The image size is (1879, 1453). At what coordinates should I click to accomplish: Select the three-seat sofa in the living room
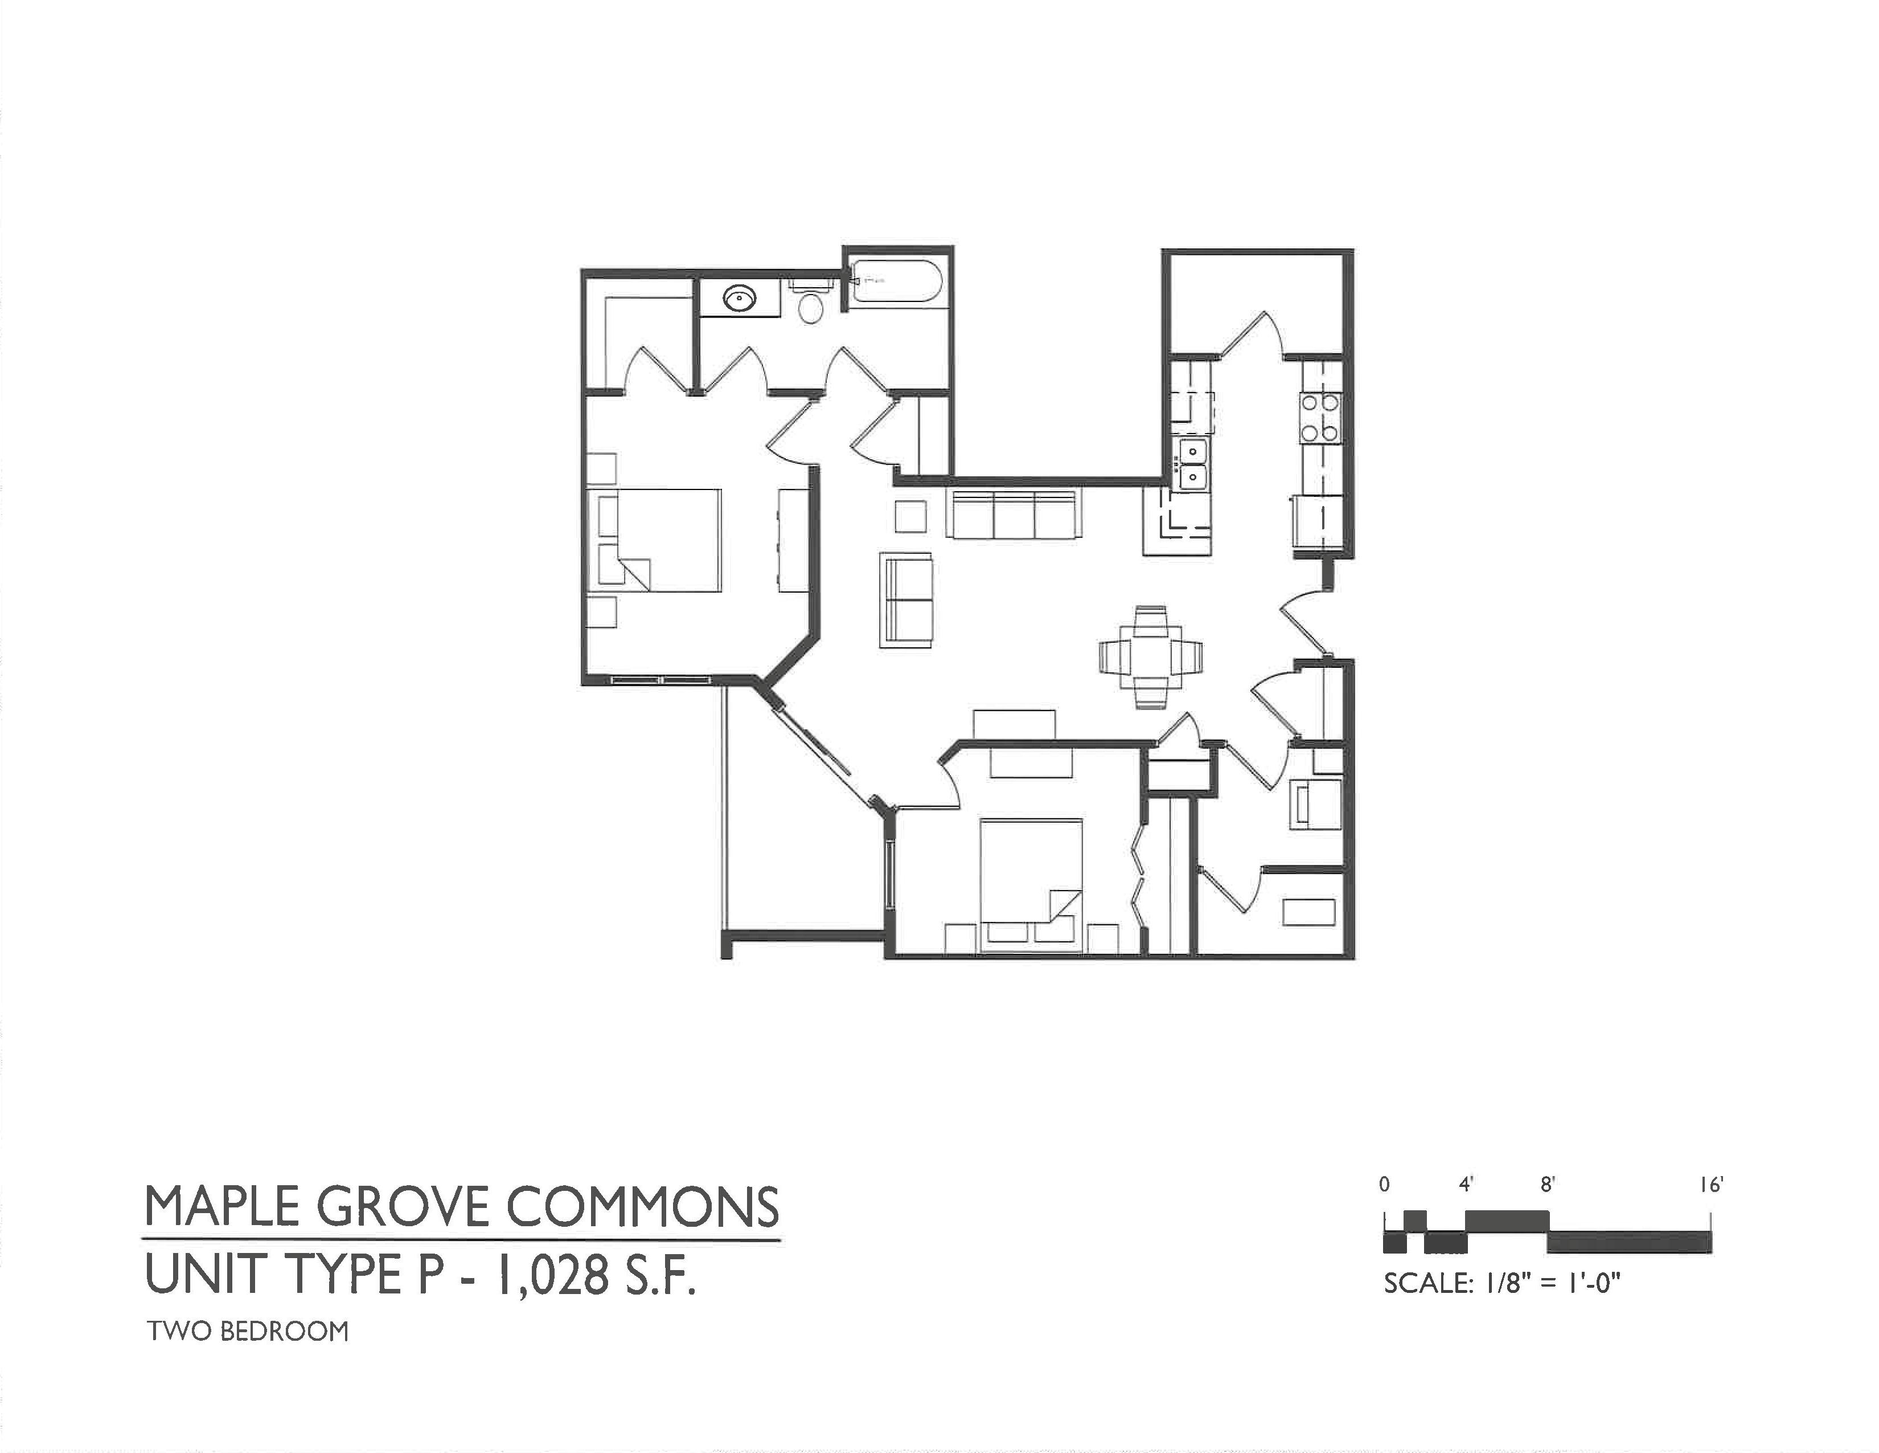click(x=1014, y=515)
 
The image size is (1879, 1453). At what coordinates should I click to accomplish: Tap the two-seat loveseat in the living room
click(x=906, y=599)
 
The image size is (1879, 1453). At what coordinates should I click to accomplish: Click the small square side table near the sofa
click(x=910, y=516)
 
